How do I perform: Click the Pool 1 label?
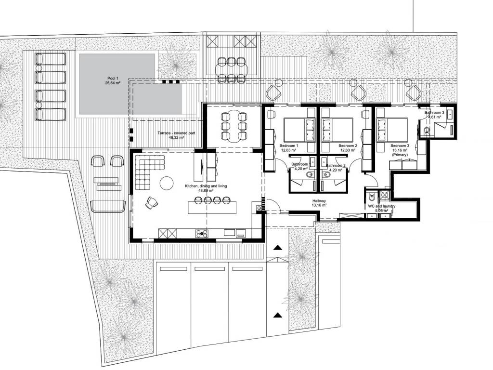click(113, 81)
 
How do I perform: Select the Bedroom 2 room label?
click(348, 148)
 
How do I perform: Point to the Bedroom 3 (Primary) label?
click(400, 150)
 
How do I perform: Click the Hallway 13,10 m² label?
click(319, 203)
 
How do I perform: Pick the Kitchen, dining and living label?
click(206, 188)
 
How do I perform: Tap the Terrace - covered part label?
click(176, 135)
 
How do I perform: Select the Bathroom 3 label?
click(435, 115)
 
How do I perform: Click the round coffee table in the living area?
click(166, 183)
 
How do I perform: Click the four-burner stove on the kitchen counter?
click(202, 234)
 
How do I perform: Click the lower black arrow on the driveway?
click(277, 315)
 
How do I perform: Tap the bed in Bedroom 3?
click(392, 130)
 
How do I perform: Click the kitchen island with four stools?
click(212, 207)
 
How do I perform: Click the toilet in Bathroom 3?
click(427, 130)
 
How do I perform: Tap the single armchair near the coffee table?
click(152, 202)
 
